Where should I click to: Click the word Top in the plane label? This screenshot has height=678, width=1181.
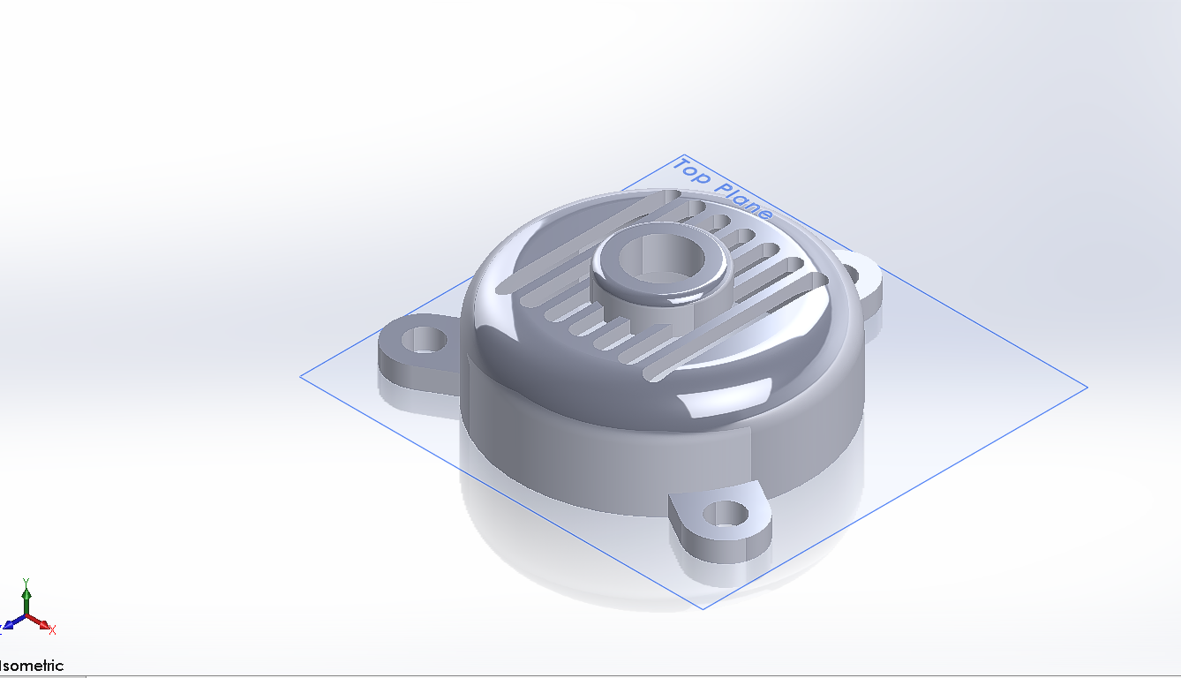[x=692, y=171]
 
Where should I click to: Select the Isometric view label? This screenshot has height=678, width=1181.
[x=32, y=666]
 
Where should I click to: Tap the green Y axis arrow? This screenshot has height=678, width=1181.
[x=26, y=596]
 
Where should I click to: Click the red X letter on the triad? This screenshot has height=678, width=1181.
[x=53, y=629]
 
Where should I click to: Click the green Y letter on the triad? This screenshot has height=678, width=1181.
[x=26, y=582]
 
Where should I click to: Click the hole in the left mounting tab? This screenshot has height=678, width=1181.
[x=425, y=339]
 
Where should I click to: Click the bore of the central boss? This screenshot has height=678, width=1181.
[x=660, y=258]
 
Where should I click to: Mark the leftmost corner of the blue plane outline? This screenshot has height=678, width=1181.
[x=301, y=376]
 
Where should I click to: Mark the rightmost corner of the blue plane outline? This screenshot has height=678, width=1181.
[x=1087, y=387]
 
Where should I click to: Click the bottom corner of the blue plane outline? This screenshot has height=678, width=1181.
[x=703, y=608]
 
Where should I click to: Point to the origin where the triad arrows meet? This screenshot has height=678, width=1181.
[x=26, y=616]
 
